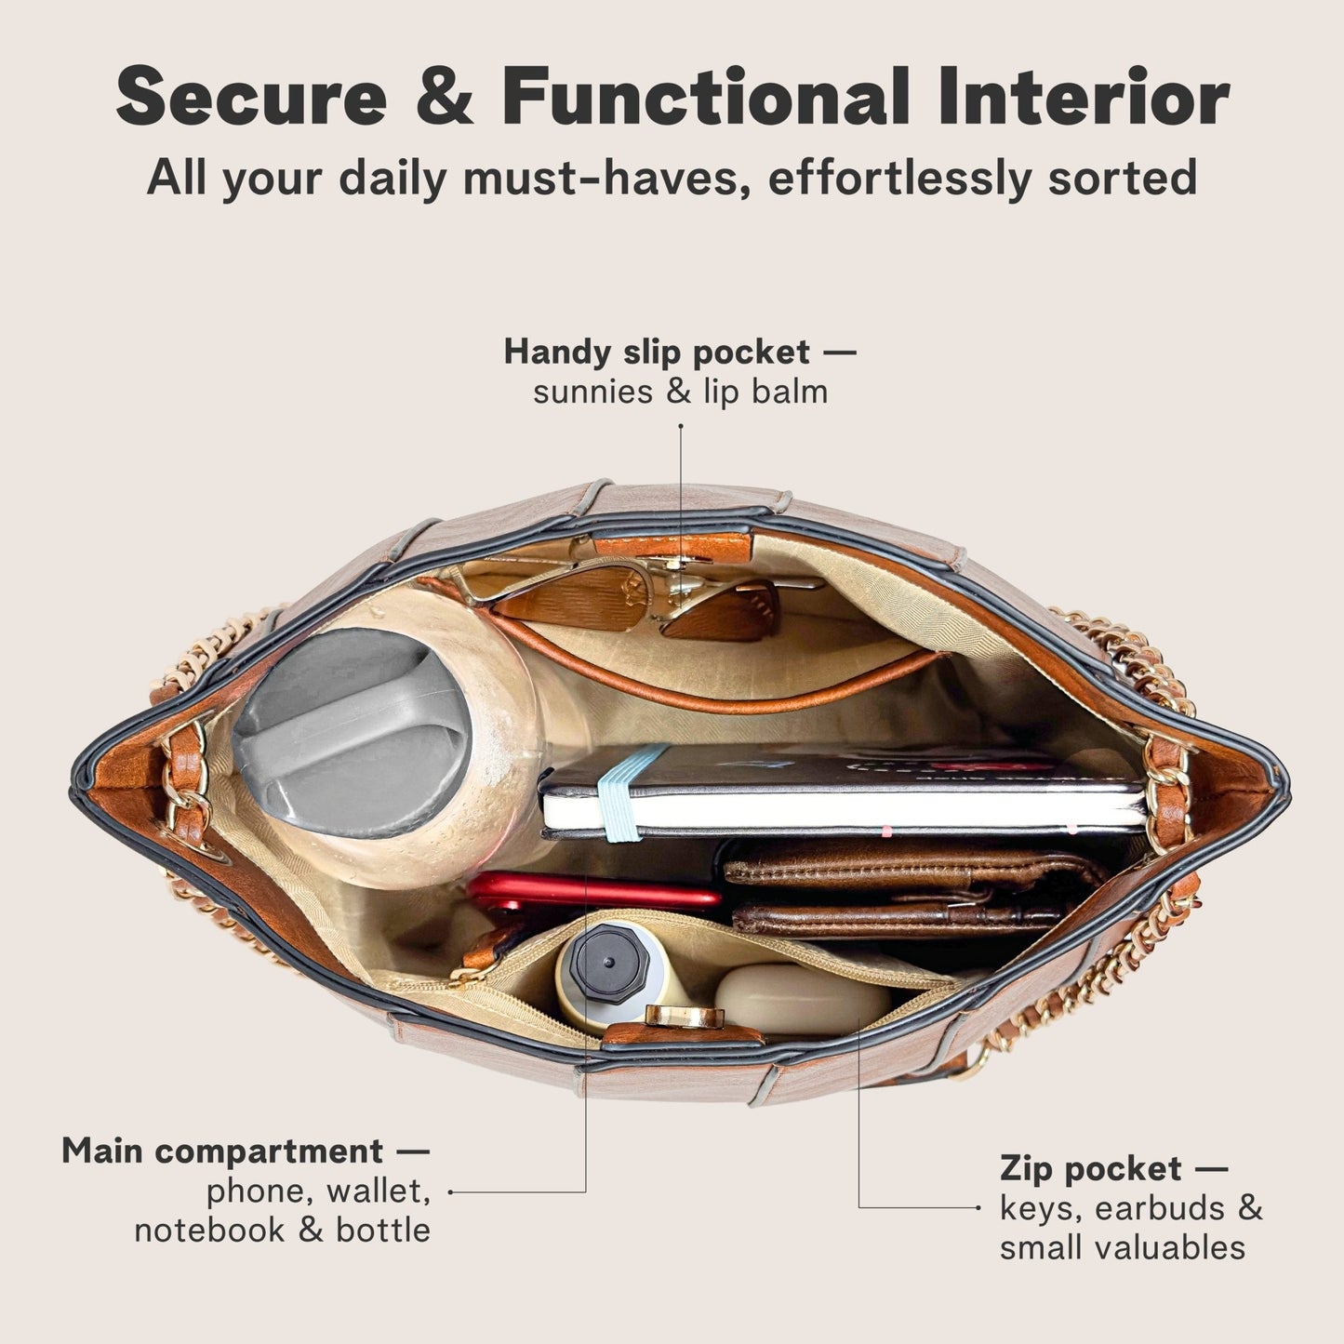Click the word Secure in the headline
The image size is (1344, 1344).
pos(251,98)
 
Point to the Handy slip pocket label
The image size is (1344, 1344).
pos(657,352)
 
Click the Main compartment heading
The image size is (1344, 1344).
pos(222,1151)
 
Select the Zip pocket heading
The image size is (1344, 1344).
pos(1090,1167)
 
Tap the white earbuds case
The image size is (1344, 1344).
pos(801,999)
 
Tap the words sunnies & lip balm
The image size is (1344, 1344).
pos(680,392)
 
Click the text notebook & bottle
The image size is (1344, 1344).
pos(282,1230)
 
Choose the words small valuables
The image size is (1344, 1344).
pos(1122,1247)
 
